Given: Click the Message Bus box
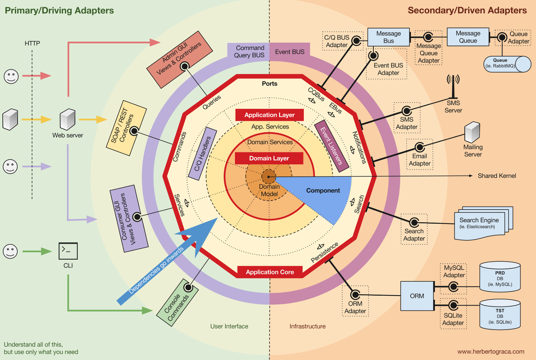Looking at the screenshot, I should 388,37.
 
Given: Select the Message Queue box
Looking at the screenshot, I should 468,37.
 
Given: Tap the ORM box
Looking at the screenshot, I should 417,296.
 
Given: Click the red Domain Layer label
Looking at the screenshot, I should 269,158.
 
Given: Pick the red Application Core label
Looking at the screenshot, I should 270,272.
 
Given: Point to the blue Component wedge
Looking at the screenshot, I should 322,195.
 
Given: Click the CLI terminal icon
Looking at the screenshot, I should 68,251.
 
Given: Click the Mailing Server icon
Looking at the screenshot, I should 472,132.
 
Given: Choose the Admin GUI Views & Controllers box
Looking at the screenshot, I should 179,59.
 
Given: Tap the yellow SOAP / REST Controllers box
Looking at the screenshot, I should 126,128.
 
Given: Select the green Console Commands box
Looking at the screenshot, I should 177,303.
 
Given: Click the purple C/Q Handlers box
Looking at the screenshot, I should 203,154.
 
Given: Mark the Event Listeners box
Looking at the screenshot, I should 332,146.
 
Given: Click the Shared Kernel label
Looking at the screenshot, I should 497,176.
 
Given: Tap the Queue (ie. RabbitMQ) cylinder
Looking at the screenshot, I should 507,64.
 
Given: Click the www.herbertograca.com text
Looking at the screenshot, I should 490,352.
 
